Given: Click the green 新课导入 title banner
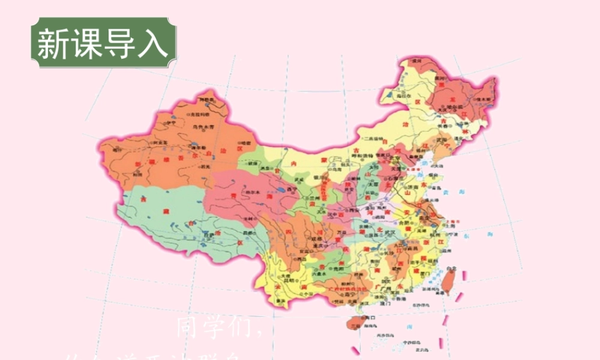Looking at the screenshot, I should pyautogui.click(x=104, y=43).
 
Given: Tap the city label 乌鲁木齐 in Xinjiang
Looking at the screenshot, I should pyautogui.click(x=203, y=127).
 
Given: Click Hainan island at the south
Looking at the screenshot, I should pyautogui.click(x=356, y=323).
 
